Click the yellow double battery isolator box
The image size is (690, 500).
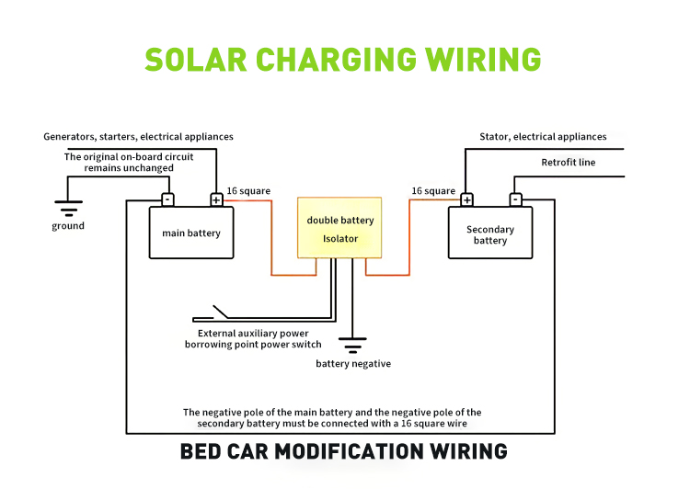[339, 228]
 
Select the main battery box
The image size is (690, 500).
[191, 233]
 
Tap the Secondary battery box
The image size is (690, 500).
[490, 233]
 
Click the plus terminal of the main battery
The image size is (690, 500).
[216, 200]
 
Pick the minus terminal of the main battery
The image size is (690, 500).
[167, 200]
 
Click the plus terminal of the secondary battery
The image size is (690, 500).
[466, 200]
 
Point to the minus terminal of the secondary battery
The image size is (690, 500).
[516, 200]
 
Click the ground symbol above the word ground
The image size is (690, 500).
[69, 209]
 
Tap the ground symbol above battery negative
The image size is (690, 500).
[352, 346]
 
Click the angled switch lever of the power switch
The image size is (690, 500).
[221, 312]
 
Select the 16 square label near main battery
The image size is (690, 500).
[248, 191]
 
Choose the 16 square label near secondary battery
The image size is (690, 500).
[433, 191]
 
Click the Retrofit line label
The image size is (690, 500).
[569, 163]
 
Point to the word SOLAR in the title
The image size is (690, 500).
[196, 60]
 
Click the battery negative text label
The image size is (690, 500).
[353, 364]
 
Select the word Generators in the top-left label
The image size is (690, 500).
[70, 137]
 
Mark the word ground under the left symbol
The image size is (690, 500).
[68, 226]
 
